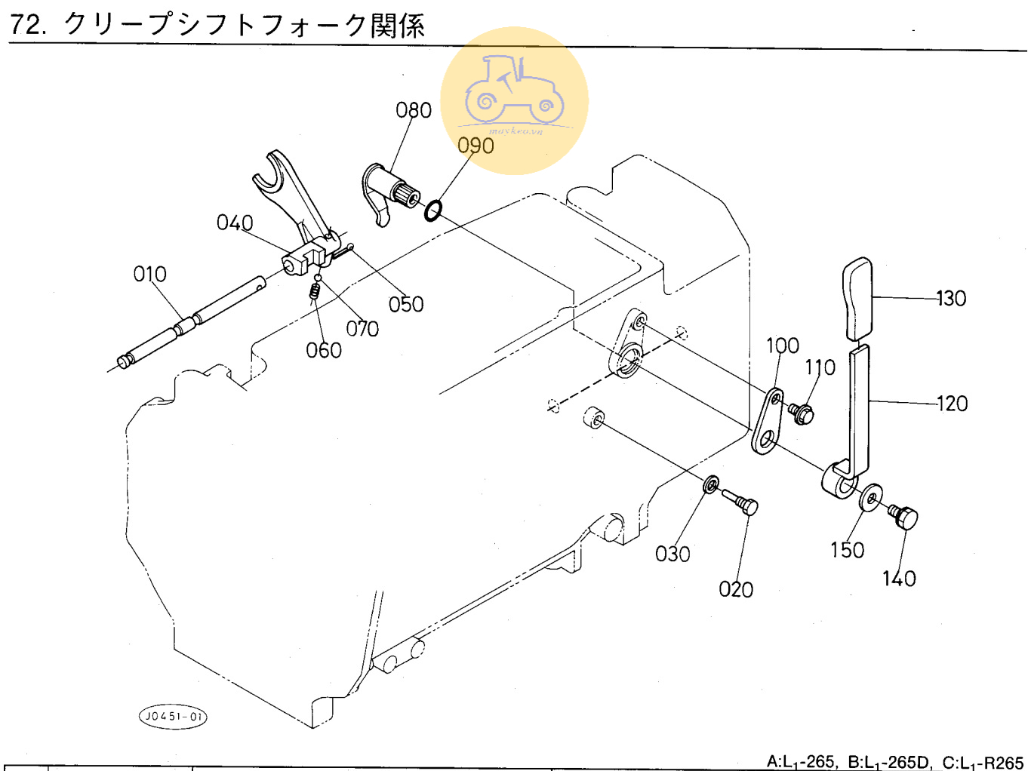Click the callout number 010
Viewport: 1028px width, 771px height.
tap(149, 274)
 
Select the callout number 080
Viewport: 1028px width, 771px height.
tap(414, 110)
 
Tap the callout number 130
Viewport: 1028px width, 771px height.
tap(951, 299)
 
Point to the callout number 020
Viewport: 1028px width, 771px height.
tap(736, 589)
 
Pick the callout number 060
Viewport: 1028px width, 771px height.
tap(324, 350)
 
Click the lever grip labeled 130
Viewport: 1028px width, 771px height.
tap(857, 299)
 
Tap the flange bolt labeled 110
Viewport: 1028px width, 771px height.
tap(801, 413)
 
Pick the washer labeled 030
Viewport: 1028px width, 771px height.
tap(710, 484)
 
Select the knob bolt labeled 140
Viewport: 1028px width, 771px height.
tap(903, 517)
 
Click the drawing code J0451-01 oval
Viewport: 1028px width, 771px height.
tap(174, 716)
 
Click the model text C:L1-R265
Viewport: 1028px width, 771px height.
tap(982, 762)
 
